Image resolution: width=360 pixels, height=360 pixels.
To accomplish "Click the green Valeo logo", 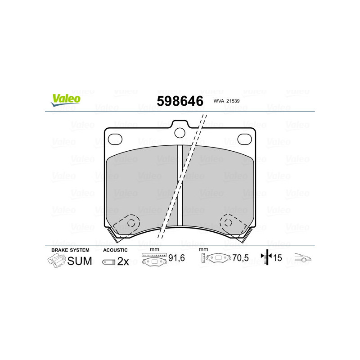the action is pos(66,100).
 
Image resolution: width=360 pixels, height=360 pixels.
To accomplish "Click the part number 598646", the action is pos(180,101).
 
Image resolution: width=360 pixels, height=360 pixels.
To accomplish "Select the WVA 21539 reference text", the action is pos(226,101).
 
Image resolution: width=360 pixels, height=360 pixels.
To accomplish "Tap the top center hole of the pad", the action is pos(180,133).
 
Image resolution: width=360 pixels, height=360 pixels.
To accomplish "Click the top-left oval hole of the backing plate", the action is pos(115,139).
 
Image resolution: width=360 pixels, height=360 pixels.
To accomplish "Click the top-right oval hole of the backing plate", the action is pos(244,139).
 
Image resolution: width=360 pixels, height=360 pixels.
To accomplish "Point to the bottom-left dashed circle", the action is pos(131,223).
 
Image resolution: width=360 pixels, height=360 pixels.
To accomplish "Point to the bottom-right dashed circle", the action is pos(228,222).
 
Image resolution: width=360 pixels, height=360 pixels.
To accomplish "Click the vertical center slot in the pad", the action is pos(180,185).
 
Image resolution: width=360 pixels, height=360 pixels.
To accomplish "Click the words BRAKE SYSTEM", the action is pos(70,250).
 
